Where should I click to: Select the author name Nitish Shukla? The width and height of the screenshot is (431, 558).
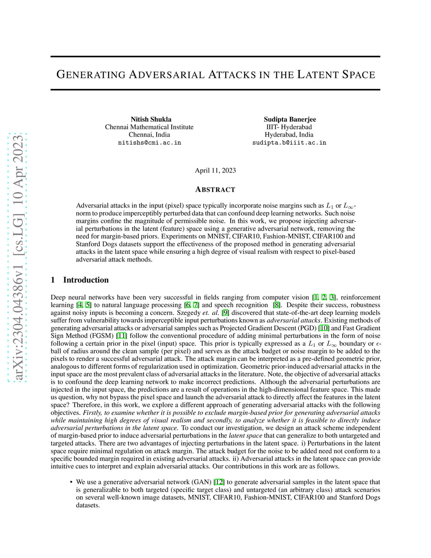(x=151, y=119)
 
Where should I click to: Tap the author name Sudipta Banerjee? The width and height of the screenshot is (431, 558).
(x=290, y=119)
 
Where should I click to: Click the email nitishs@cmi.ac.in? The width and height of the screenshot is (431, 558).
(x=149, y=143)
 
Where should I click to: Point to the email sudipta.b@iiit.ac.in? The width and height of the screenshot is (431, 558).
(x=289, y=143)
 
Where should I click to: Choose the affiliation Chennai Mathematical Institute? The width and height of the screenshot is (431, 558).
(x=149, y=127)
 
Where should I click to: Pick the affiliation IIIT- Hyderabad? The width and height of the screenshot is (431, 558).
(x=289, y=127)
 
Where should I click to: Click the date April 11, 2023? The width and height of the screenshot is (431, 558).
(x=215, y=170)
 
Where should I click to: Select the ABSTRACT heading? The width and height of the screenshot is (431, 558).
(x=215, y=190)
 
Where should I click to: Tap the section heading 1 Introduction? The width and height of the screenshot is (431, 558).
(x=80, y=280)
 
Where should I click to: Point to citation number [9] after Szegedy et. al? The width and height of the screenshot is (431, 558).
(x=226, y=312)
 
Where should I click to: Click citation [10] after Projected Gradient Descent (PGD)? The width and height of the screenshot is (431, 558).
(x=324, y=328)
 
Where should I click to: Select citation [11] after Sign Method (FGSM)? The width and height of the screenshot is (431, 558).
(x=122, y=336)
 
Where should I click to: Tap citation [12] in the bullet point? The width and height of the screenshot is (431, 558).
(x=219, y=482)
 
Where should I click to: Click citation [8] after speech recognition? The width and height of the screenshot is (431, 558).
(x=277, y=305)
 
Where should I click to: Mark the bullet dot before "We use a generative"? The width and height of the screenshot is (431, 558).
(x=71, y=482)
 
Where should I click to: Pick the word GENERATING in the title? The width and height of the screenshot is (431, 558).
(x=91, y=75)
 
